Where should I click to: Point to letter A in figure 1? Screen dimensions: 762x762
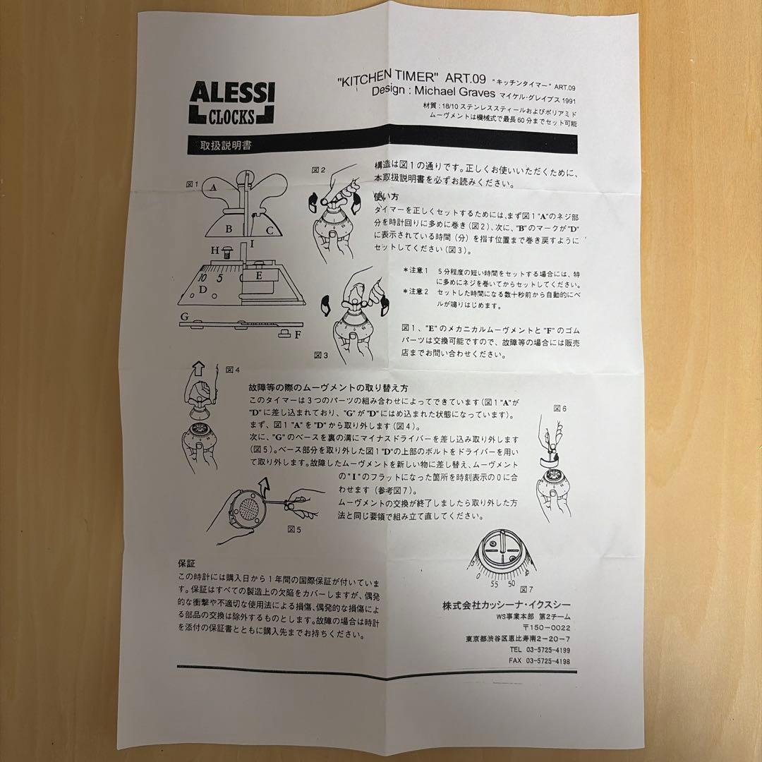pos(212,188)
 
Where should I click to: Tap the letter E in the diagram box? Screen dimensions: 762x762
pos(259,276)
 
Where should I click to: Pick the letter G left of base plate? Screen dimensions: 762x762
pos(183,317)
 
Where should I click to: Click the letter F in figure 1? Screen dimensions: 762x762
pos(298,335)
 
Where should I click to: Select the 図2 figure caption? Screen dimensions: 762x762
pos(319,170)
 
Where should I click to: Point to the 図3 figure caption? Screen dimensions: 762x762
pos(320,356)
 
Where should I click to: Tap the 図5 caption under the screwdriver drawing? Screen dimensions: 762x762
pos(294,527)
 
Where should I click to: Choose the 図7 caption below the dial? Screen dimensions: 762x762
pos(525,588)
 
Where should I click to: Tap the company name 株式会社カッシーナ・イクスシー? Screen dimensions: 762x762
pos(506,604)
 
